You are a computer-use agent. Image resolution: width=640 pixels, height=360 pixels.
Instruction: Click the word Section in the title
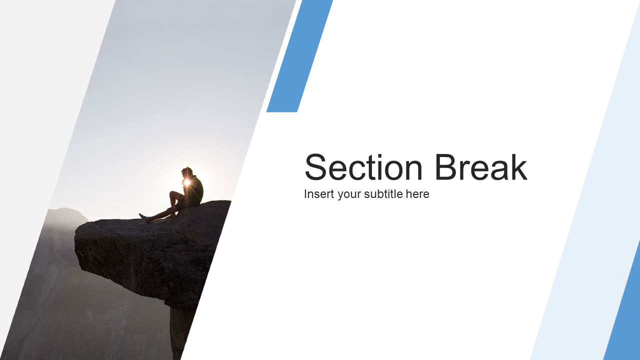point(363,167)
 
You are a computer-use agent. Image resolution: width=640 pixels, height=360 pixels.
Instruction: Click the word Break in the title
point(481,167)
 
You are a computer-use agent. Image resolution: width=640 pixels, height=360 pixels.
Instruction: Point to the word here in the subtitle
point(417,194)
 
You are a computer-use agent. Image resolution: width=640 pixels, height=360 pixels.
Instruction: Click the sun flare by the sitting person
point(187,182)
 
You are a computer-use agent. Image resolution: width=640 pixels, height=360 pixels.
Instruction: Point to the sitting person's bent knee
point(173,194)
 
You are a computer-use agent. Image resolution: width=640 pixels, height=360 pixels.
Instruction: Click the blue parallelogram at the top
point(299,56)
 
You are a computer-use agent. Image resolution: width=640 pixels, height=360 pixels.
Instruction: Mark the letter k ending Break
point(518,167)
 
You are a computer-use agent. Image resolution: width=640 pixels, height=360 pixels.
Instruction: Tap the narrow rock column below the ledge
point(180,334)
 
